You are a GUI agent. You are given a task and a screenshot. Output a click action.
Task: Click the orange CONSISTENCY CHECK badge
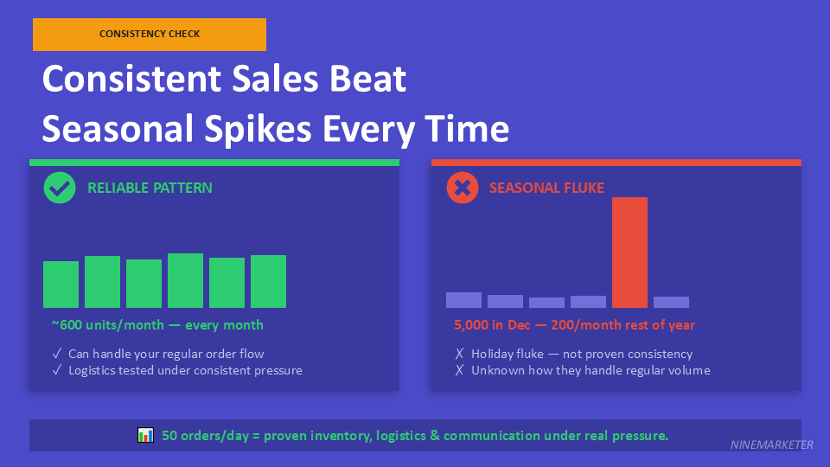(150, 35)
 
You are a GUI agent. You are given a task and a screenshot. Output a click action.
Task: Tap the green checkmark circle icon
(60, 188)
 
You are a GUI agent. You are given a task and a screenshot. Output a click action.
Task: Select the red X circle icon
(463, 188)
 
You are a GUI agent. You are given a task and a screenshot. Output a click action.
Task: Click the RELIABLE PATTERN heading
(150, 188)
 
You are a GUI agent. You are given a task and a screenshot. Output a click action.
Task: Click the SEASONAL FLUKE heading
(546, 188)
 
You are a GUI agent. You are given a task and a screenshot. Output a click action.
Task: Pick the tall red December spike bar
(629, 252)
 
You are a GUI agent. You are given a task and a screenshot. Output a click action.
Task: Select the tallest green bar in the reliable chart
(185, 280)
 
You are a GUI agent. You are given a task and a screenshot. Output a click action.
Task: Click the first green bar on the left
(61, 284)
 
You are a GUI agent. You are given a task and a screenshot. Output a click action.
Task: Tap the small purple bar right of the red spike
(671, 302)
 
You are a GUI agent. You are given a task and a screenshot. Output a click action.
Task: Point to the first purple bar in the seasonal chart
(463, 299)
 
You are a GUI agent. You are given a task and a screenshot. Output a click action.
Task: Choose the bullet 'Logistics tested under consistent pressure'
(185, 370)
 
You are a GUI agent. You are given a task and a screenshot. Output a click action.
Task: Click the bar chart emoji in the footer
(145, 435)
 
